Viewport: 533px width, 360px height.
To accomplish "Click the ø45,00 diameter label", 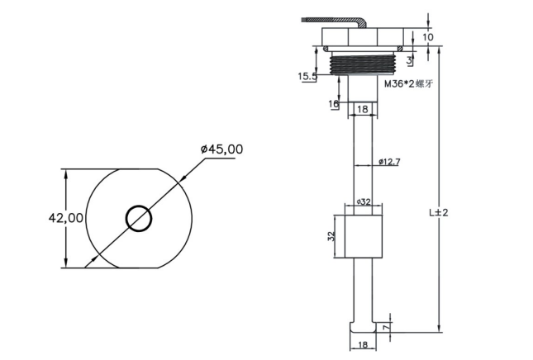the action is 222,149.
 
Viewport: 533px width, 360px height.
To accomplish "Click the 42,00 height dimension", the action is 65,218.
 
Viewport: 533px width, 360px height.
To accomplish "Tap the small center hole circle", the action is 139,219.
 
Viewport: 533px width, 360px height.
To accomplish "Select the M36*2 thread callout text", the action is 409,84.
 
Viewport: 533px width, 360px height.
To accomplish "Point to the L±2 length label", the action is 439,213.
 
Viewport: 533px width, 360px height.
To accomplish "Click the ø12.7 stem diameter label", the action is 389,162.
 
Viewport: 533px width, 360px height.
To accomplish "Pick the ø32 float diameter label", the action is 364,201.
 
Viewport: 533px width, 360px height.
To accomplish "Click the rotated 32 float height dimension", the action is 331,236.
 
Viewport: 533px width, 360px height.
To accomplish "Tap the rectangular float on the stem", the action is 364,236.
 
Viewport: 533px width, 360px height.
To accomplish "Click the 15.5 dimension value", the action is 307,77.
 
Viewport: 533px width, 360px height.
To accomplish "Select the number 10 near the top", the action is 428,37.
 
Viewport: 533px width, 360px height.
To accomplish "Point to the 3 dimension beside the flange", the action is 410,60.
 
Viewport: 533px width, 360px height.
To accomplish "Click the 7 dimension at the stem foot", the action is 385,328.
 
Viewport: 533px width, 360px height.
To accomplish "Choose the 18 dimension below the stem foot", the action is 363,344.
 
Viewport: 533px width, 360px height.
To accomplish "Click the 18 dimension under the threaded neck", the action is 363,109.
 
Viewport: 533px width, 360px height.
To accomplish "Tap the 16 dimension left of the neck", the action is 334,104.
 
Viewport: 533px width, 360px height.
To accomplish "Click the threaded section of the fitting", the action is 363,64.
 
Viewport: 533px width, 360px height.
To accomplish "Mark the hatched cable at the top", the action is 335,21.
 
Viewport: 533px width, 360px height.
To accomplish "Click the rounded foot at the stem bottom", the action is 363,328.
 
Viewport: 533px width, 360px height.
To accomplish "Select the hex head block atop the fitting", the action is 363,37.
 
